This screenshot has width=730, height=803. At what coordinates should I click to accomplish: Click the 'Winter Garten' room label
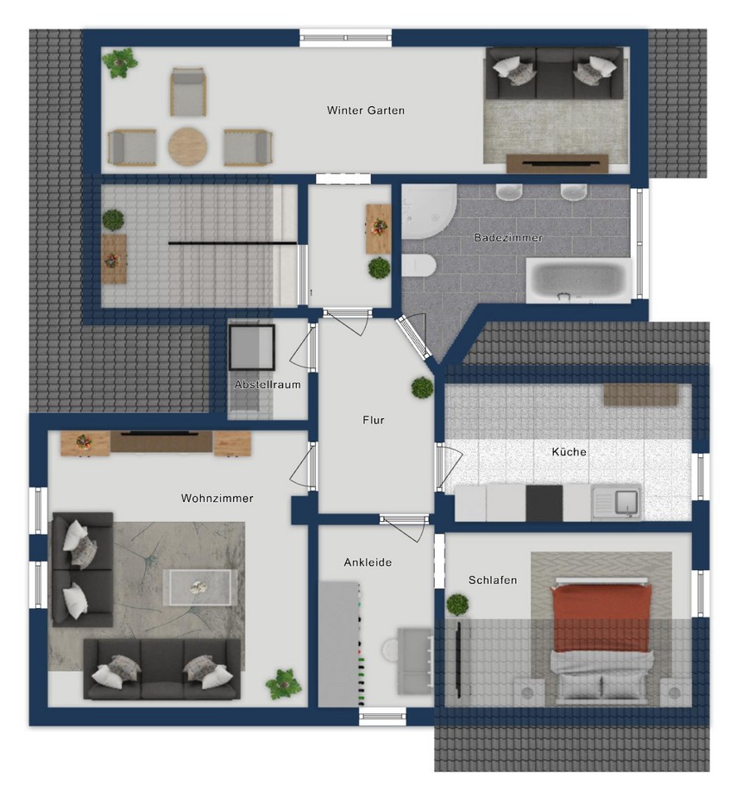click(x=366, y=110)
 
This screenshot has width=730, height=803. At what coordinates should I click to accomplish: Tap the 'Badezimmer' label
click(x=508, y=238)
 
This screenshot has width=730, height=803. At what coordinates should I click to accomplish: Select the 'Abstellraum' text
click(x=267, y=385)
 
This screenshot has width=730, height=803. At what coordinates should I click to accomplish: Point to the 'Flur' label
click(x=374, y=420)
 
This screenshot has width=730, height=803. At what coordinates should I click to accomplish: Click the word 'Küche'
click(x=570, y=452)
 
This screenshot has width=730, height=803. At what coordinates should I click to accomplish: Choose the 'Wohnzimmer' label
click(x=217, y=499)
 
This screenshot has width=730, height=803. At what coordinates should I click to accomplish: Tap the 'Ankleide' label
click(x=368, y=562)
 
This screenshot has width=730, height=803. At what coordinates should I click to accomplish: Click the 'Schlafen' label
click(x=493, y=580)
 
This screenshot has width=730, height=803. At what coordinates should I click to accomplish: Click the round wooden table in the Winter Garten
click(x=188, y=147)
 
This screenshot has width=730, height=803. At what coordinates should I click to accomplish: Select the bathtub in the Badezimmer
click(x=578, y=281)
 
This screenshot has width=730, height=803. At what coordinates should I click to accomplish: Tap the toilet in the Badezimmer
click(x=418, y=266)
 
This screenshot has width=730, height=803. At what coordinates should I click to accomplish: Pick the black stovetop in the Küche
click(x=544, y=503)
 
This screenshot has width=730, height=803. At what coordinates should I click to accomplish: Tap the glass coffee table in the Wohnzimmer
click(x=200, y=588)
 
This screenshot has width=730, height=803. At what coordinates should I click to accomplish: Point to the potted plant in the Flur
click(x=422, y=387)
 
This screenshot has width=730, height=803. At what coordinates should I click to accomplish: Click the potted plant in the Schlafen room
click(x=457, y=605)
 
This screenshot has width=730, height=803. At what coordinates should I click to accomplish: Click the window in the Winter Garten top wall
click(x=345, y=37)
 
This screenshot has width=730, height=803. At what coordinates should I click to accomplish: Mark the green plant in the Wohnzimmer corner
click(x=283, y=684)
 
